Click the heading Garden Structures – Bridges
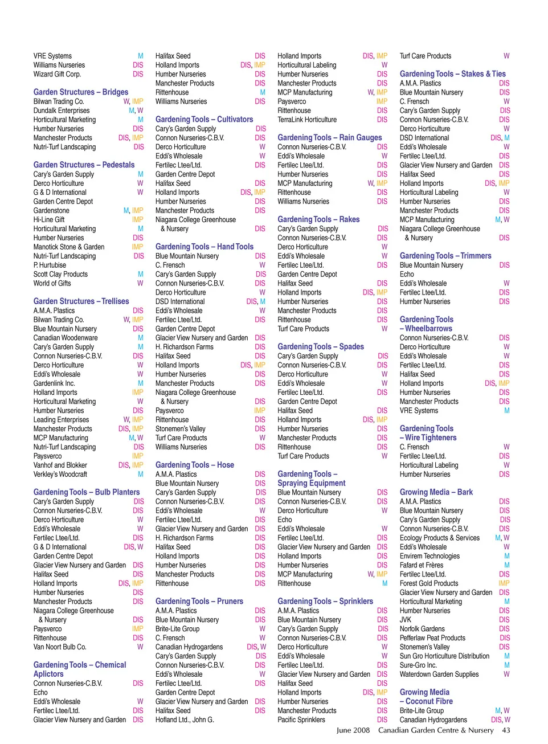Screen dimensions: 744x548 pyautogui.click(x=80, y=92)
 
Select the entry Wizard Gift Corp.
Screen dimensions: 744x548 pyautogui.click(x=57, y=74)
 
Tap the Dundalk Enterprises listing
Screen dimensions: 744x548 pyautogui.click(x=62, y=111)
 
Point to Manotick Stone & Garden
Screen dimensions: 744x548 pyautogui.click(x=69, y=247)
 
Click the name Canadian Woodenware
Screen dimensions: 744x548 pyautogui.click(x=66, y=338)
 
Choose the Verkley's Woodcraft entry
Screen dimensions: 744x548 pyautogui.click(x=60, y=474)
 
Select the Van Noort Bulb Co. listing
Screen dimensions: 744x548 pyautogui.click(x=60, y=647)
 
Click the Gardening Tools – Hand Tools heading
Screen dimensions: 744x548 pyautogui.click(x=204, y=247)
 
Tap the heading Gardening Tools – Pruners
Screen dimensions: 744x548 pyautogui.click(x=199, y=602)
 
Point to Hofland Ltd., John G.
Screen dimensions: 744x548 pyautogui.click(x=185, y=720)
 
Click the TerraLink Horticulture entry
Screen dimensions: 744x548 pyautogui.click(x=307, y=120)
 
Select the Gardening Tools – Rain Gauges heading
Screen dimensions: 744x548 pyautogui.click(x=329, y=138)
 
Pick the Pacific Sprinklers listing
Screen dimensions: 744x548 pyautogui.click(x=301, y=720)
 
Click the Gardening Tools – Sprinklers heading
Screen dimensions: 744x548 pyautogui.click(x=325, y=602)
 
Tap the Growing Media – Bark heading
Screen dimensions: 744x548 pyautogui.click(x=436, y=492)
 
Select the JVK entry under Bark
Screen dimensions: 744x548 pyautogui.click(x=406, y=620)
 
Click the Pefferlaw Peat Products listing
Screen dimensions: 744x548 pyautogui.click(x=432, y=638)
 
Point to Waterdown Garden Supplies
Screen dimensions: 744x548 pyautogui.click(x=439, y=674)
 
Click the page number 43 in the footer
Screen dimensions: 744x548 pyautogui.click(x=506, y=730)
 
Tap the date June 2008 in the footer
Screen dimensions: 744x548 pyautogui.click(x=353, y=730)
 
